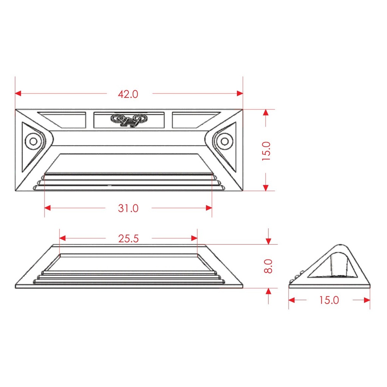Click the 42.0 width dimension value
(x=128, y=94)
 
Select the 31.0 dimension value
(x=128, y=208)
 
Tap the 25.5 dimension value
(x=128, y=239)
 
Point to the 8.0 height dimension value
(x=268, y=266)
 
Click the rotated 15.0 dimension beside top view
(x=266, y=151)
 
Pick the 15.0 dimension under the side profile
(x=329, y=300)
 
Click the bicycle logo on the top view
(x=129, y=120)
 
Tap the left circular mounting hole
(x=33, y=141)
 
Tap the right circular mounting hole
(x=224, y=141)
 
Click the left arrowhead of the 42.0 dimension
(x=18, y=93)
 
